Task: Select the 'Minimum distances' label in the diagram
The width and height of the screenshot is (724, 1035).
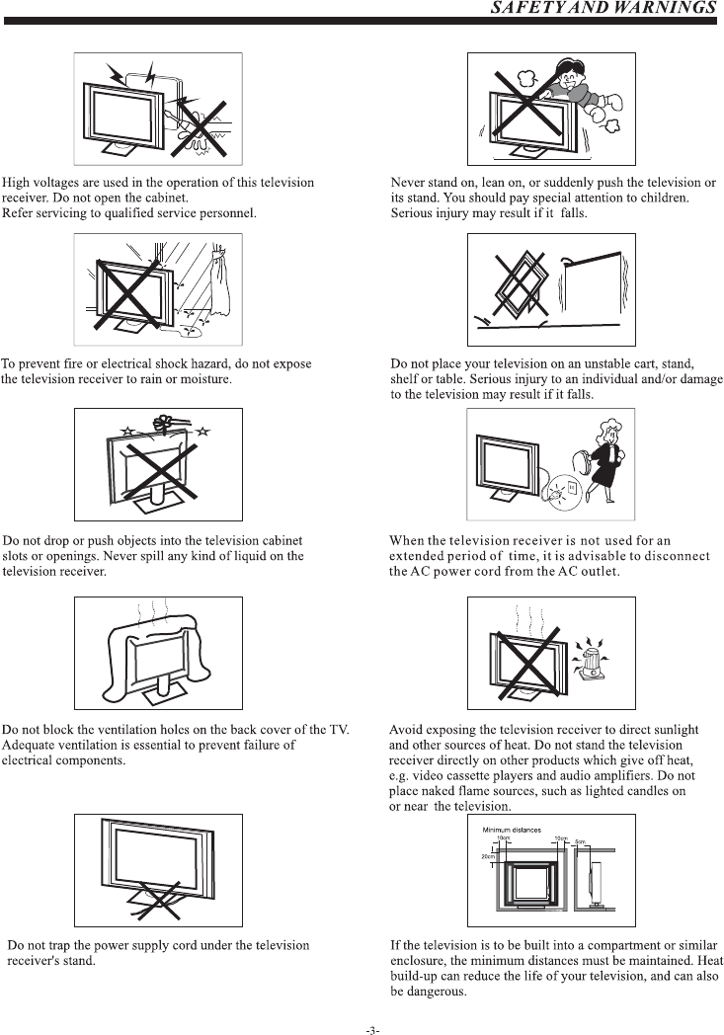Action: (512, 830)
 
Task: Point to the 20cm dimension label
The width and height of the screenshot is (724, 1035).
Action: (487, 856)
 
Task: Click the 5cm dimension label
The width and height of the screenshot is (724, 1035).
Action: (580, 840)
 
